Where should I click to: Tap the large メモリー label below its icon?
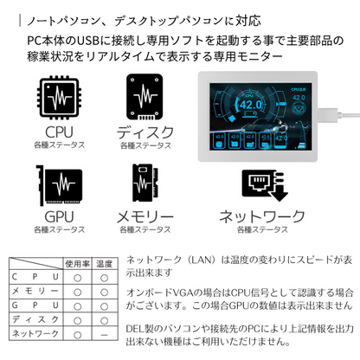tap(148, 216)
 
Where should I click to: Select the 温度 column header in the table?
tap(104, 263)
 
